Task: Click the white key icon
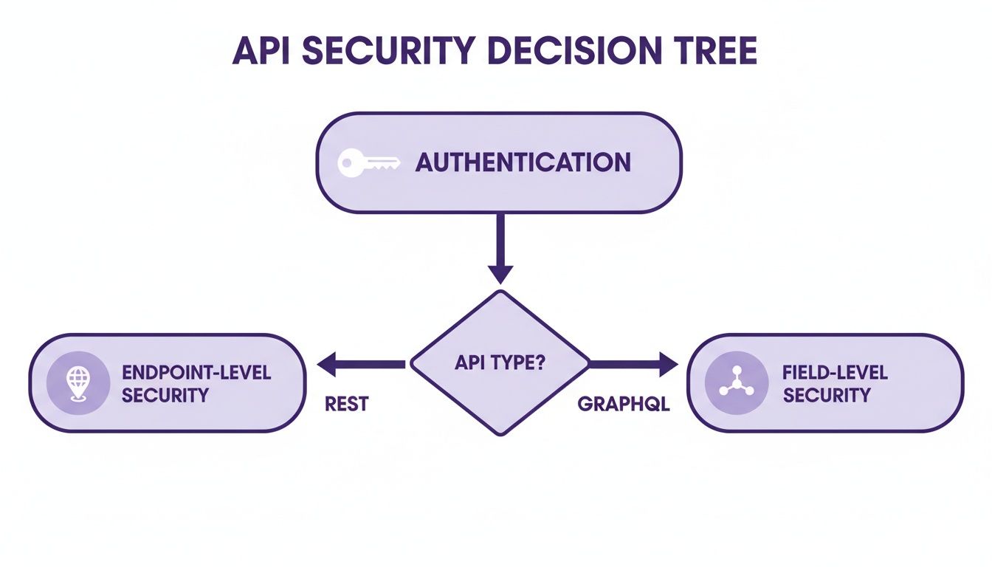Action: [x=368, y=163]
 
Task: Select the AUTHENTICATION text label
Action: [x=523, y=162]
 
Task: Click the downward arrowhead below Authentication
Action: [x=500, y=273]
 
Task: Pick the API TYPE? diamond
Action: [x=500, y=362]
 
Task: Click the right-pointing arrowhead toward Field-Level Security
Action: [x=667, y=363]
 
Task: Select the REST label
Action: [x=346, y=405]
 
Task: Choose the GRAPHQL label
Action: [x=623, y=405]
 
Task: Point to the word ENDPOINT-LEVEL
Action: [x=196, y=371]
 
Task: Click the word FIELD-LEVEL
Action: [x=835, y=371]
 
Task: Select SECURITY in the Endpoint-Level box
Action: [x=165, y=396]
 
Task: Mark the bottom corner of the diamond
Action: [x=500, y=433]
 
